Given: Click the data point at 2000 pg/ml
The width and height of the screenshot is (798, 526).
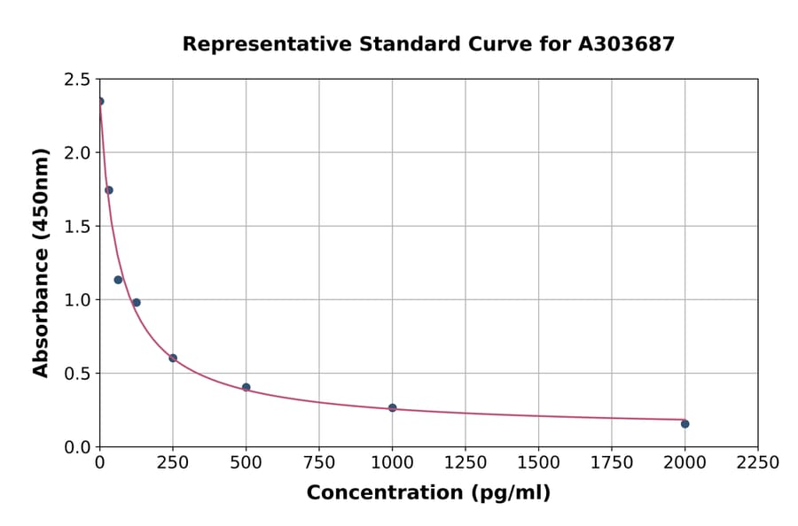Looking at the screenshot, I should click(x=685, y=424).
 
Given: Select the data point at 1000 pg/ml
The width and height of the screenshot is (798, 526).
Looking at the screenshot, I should click(x=393, y=408).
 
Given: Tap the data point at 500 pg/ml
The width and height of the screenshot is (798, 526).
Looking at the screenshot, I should click(x=246, y=387).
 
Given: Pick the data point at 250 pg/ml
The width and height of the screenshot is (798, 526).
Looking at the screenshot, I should click(x=173, y=359).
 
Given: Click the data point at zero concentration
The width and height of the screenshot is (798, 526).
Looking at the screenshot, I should click(x=100, y=102).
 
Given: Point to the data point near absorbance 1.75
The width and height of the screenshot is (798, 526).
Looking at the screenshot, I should click(x=109, y=190).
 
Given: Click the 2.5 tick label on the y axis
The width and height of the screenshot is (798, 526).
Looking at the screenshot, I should click(x=76, y=80).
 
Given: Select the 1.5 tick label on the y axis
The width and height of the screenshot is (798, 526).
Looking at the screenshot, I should click(x=76, y=227).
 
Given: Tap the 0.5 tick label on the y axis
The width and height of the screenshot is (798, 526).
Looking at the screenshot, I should click(x=76, y=374).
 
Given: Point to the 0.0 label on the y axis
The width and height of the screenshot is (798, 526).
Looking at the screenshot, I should click(x=76, y=447).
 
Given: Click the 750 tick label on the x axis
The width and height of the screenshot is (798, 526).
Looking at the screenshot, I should click(x=319, y=463).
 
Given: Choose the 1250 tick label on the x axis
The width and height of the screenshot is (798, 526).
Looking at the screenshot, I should click(x=465, y=463).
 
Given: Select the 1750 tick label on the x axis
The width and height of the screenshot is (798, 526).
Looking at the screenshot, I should click(x=612, y=463).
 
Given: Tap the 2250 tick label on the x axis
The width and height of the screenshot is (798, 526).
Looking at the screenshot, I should click(x=758, y=463).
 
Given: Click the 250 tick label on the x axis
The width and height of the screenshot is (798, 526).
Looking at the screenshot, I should click(x=173, y=463).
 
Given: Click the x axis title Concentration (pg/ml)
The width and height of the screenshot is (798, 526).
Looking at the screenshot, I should click(x=428, y=493).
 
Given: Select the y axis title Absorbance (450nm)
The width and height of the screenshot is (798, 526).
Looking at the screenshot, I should click(x=41, y=262).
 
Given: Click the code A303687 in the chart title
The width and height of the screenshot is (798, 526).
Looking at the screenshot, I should click(x=627, y=44).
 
